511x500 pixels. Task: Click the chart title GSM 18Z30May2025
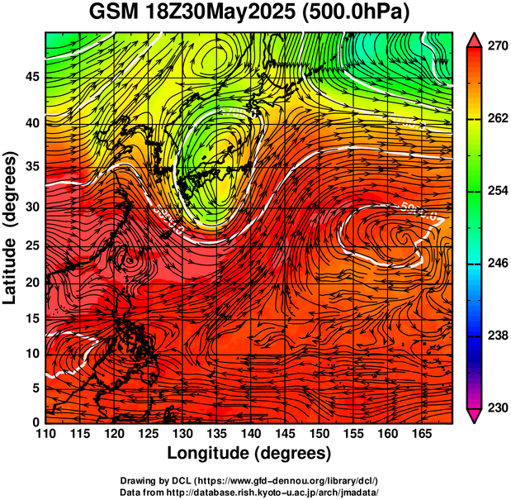coord(192,14)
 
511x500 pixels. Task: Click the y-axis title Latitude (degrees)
coord(12,227)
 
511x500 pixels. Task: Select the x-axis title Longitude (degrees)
coord(249,454)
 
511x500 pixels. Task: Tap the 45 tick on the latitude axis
coord(31,77)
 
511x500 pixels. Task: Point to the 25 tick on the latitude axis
coord(31,247)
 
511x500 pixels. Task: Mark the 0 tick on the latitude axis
coord(35,422)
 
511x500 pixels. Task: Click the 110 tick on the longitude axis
coord(45,434)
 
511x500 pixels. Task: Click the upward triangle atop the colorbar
coord(474,40)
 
